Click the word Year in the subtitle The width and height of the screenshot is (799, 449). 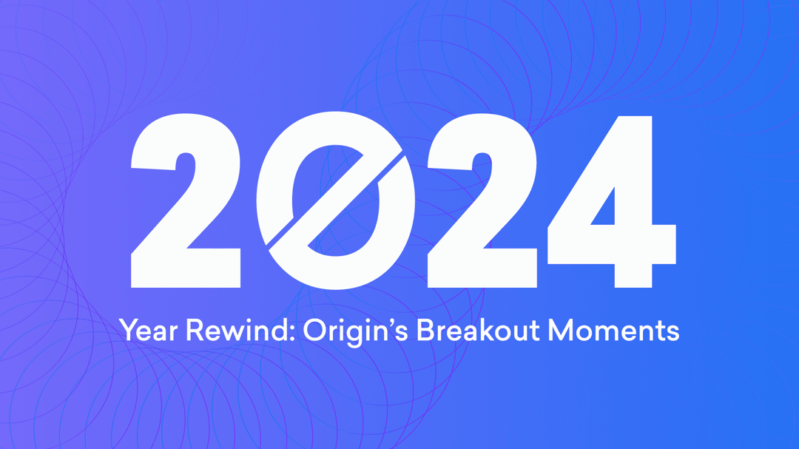pyautogui.click(x=148, y=330)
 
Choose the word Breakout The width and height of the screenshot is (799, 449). pyautogui.click(x=478, y=330)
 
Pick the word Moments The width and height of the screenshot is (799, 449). pyautogui.click(x=613, y=330)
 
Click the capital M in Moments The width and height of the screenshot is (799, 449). pyautogui.click(x=560, y=330)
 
